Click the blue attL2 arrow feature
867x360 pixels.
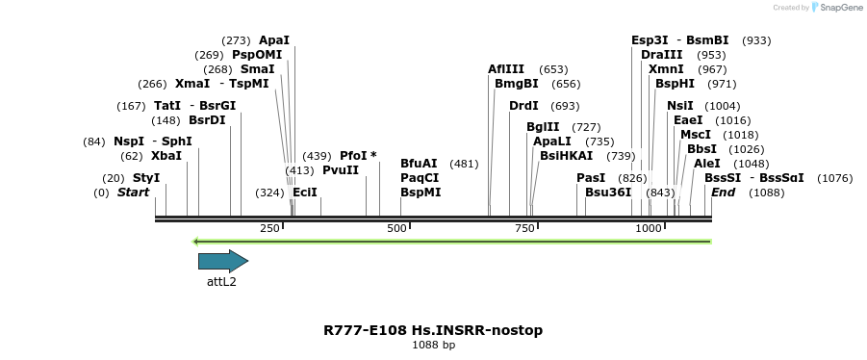[x=222, y=261]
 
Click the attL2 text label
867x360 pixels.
[x=221, y=282]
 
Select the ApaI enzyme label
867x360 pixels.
[x=274, y=40]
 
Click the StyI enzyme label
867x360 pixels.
[x=146, y=178]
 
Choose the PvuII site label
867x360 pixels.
[x=341, y=170]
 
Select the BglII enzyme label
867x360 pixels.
[x=543, y=127]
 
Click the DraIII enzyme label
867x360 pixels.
[x=661, y=55]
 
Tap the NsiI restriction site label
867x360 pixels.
[x=680, y=106]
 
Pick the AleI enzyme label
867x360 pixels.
[x=706, y=164]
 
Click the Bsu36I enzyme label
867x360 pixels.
[x=608, y=193]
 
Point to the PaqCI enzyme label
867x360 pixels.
[x=420, y=178]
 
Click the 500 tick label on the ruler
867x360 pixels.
[x=396, y=228]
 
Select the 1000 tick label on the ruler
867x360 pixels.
[x=649, y=228]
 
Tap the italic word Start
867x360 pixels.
[x=134, y=193]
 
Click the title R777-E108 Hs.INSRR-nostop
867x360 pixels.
[x=433, y=330]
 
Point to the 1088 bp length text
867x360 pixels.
[x=433, y=345]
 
